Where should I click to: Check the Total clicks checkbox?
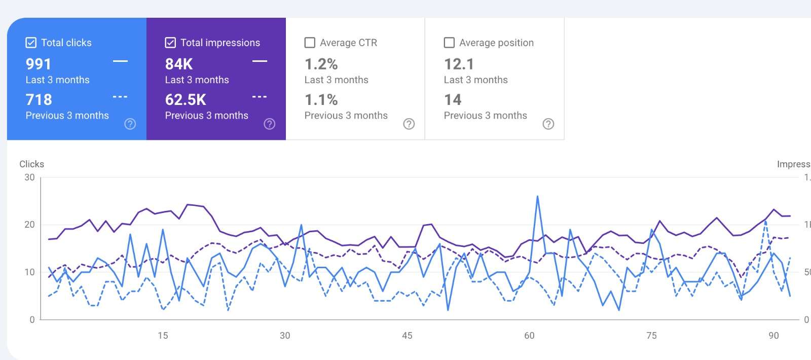(31, 43)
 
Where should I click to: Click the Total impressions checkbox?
(170, 43)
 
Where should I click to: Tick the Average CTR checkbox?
(310, 43)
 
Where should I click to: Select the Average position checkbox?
(449, 43)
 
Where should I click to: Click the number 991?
(39, 64)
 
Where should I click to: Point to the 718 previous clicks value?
(39, 100)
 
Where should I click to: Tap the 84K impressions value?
(179, 64)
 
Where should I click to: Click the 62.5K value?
(186, 100)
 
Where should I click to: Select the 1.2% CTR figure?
(321, 64)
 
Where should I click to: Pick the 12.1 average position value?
(459, 64)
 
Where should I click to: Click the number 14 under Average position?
(453, 100)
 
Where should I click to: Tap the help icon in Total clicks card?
(130, 124)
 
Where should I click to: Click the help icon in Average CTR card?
(409, 124)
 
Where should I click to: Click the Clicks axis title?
(31, 164)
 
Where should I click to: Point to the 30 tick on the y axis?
(29, 177)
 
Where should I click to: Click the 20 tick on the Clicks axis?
(29, 225)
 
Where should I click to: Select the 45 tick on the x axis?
(407, 336)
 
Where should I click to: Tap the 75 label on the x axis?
(651, 336)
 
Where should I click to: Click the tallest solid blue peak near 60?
(537, 197)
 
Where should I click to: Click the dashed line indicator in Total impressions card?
(260, 97)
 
